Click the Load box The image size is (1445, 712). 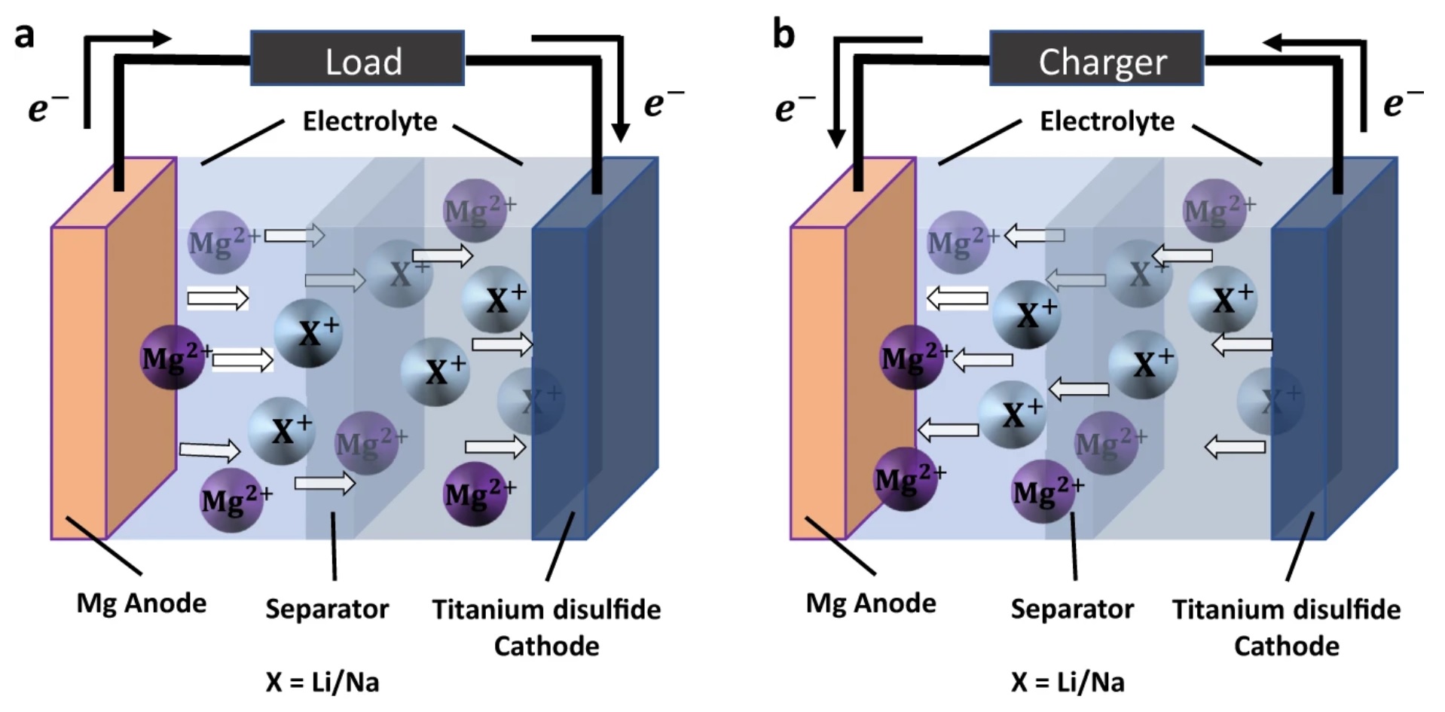[x=357, y=58]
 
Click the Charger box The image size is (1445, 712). [x=1096, y=58]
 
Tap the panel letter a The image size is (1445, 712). [x=24, y=35]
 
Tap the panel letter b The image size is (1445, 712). [x=784, y=35]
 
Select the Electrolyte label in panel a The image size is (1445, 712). [x=370, y=121]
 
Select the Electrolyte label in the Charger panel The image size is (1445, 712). [x=1107, y=121]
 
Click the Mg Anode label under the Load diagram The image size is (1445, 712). [x=142, y=603]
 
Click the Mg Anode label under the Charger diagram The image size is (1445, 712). [x=871, y=603]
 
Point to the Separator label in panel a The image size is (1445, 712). [x=327, y=609]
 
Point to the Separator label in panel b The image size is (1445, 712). [x=1072, y=609]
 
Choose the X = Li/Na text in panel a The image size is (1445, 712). [x=322, y=682]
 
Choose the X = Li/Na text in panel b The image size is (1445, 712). [x=1068, y=682]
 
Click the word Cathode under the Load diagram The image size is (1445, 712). [x=547, y=646]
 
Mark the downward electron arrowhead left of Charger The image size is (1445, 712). [x=836, y=137]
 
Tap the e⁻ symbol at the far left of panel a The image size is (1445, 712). [x=48, y=107]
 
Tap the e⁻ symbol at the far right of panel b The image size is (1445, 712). [x=1404, y=102]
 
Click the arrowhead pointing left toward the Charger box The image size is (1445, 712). [x=1273, y=43]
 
